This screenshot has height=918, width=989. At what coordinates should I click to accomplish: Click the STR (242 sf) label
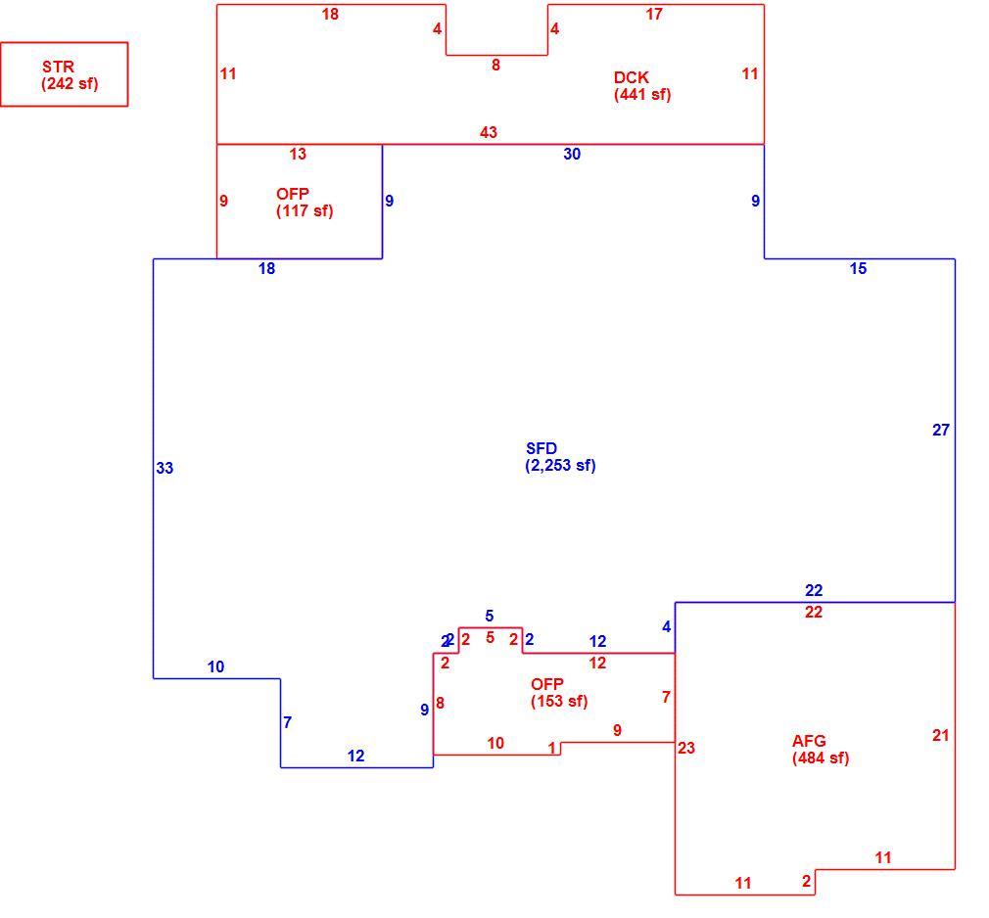(x=70, y=75)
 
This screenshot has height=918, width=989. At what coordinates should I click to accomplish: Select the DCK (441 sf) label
(x=642, y=86)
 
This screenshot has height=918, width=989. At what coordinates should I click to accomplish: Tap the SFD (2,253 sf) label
(x=560, y=457)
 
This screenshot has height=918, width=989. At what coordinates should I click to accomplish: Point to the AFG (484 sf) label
(x=821, y=750)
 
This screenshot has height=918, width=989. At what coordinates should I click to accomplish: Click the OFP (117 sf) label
(x=305, y=203)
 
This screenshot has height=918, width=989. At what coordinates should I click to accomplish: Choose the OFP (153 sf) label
(x=559, y=693)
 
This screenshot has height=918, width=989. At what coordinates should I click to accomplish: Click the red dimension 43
(x=489, y=132)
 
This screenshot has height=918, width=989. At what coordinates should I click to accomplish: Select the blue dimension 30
(x=572, y=154)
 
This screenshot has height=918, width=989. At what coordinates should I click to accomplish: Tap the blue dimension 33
(x=165, y=468)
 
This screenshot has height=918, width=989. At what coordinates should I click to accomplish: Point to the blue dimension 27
(x=941, y=430)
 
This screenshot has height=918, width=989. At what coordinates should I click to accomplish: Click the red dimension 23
(x=686, y=748)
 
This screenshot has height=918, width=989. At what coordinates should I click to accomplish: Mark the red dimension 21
(x=940, y=735)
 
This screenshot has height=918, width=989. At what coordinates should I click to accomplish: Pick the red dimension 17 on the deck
(x=654, y=14)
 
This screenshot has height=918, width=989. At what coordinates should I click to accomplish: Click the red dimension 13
(x=298, y=154)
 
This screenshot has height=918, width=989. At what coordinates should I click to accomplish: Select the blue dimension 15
(x=858, y=268)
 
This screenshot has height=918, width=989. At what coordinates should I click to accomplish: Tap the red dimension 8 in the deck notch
(x=495, y=65)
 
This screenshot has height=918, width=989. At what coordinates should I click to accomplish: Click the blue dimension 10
(x=215, y=667)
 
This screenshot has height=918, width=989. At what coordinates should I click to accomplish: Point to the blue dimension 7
(x=288, y=722)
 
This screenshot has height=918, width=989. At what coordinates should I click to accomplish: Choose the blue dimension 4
(x=667, y=626)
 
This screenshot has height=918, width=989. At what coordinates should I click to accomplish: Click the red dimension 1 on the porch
(x=552, y=749)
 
